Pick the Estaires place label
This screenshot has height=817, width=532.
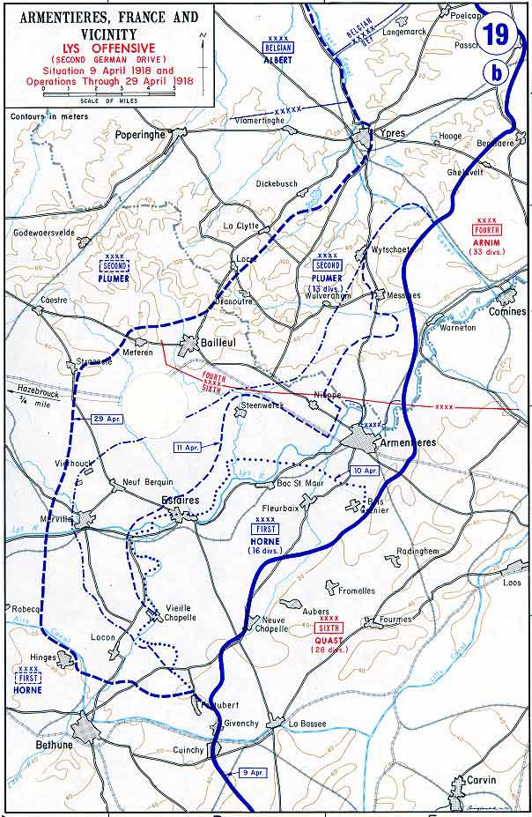pyautogui.click(x=181, y=500)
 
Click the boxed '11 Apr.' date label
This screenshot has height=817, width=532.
pyautogui.click(x=188, y=448)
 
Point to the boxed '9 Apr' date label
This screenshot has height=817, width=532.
pyautogui.click(x=252, y=772)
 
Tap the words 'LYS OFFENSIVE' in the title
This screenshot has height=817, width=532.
pyautogui.click(x=107, y=41)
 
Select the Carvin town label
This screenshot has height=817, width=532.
pyautogui.click(x=481, y=780)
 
